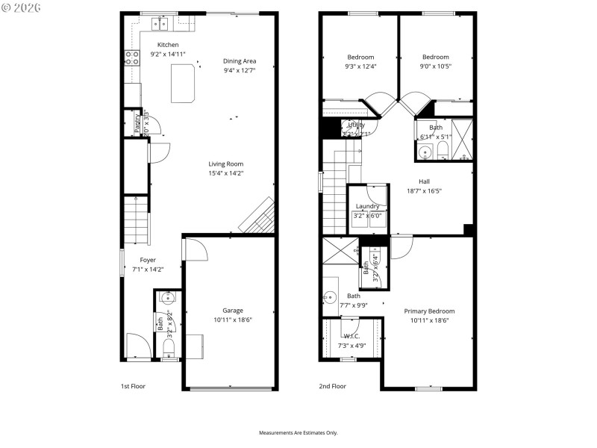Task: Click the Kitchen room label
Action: (167, 45)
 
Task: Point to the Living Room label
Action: (225, 164)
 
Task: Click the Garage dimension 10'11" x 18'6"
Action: (233, 320)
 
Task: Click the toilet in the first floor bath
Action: (168, 347)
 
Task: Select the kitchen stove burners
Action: (132, 59)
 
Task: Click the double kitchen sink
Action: (160, 25)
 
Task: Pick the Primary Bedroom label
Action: (429, 311)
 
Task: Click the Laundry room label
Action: (367, 206)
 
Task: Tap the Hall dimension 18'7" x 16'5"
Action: (424, 190)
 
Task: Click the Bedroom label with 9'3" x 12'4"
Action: (360, 57)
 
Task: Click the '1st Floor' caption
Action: (134, 386)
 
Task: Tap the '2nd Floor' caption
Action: (334, 386)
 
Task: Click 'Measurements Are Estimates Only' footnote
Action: (298, 433)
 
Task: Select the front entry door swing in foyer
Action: (137, 346)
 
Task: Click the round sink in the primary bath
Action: (328, 298)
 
